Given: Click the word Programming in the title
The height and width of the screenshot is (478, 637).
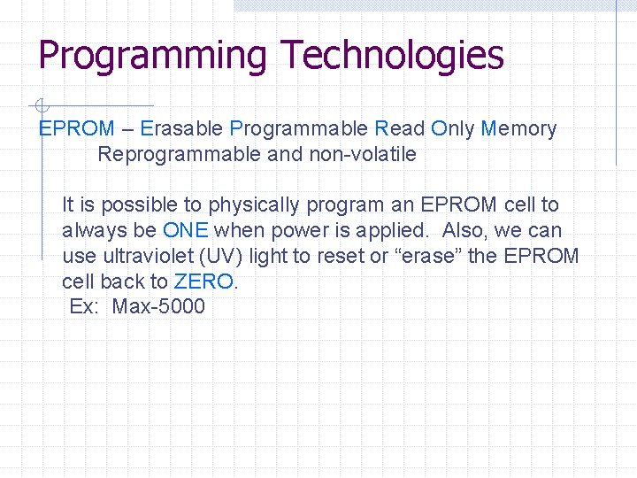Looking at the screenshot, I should pos(151,56).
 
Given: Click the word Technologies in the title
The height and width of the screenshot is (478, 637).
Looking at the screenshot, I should pos(392,55).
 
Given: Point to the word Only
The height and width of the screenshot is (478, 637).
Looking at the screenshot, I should pos(452,129).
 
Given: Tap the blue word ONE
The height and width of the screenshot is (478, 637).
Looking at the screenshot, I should pos(186,231).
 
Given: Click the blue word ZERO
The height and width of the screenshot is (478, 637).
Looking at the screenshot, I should pos(205,282).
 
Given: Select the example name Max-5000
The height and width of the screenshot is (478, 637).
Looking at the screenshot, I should pos(158,307).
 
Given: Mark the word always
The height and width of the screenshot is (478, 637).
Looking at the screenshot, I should pos(91,231).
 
